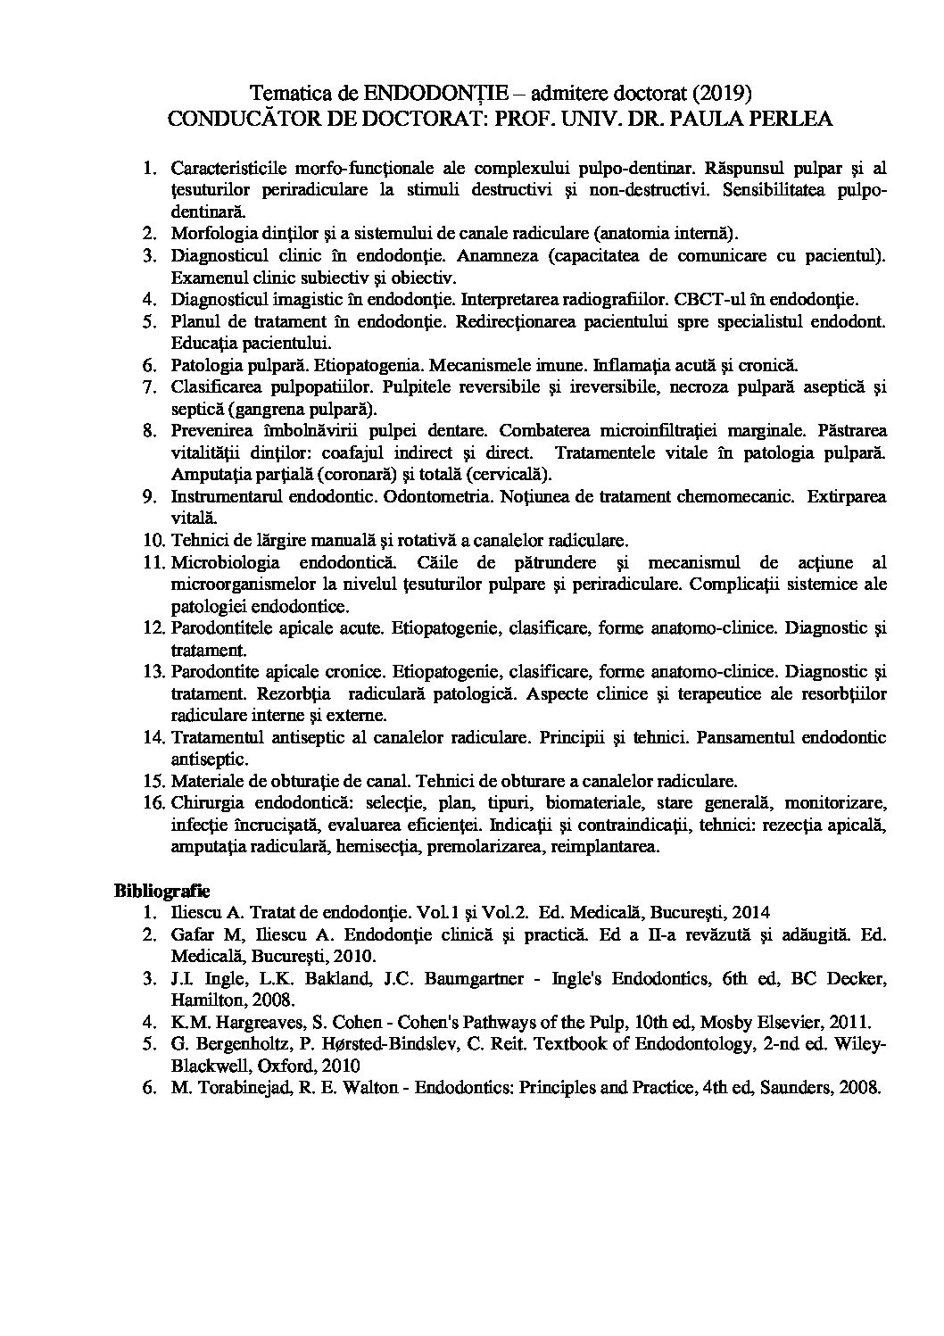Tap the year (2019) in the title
[x=719, y=93]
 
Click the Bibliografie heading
[x=161, y=890]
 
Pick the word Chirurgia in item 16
[x=204, y=802]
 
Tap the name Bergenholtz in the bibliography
[x=225, y=1044]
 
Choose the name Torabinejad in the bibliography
[x=228, y=1088]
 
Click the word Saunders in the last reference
[x=804, y=1088]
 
